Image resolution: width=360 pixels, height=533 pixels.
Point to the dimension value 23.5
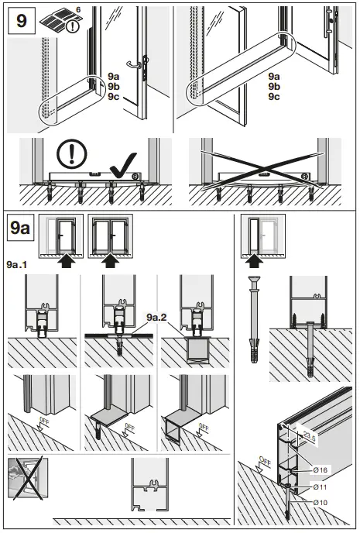pos(310,435)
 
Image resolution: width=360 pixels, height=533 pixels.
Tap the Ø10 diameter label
pos(319,503)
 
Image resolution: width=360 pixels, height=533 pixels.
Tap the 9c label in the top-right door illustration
pos(274,97)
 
